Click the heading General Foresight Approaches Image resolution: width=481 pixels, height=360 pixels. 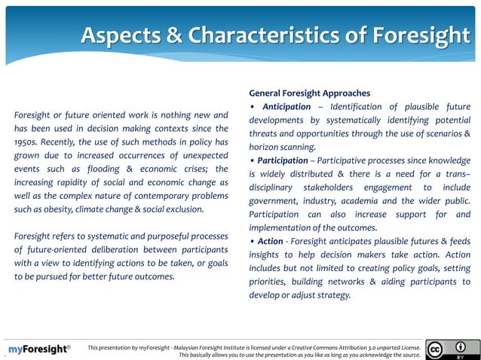pos(309,93)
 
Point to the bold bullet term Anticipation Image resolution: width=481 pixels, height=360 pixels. pos(284,107)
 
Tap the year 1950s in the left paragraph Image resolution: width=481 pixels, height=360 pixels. pos(28,142)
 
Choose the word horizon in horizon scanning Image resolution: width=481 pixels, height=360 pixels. pos(266,147)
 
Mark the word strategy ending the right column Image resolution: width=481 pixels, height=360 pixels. pos(332,294)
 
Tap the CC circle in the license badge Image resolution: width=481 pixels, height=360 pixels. pos(434,349)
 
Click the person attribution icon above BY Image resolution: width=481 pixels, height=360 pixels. pos(460,346)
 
